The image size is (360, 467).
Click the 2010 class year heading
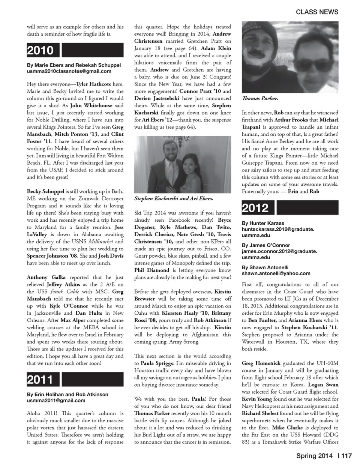tap(40, 50)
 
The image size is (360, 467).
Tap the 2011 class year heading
tap(40, 380)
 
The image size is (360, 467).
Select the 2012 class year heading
tap(255, 208)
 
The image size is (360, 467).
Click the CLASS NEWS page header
tap(317, 12)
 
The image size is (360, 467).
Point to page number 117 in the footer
tap(346, 456)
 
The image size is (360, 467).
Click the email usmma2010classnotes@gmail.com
tap(69, 71)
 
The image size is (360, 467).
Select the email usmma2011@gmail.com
tap(56, 400)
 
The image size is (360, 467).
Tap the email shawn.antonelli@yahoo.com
tap(276, 273)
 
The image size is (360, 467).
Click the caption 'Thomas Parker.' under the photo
tap(259, 98)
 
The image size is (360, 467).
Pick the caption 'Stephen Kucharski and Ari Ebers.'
tap(173, 198)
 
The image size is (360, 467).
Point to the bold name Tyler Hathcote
tap(93, 84)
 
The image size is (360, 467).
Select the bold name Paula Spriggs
tap(157, 363)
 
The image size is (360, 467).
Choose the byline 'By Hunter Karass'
tap(263, 223)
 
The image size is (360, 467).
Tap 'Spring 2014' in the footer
tap(314, 456)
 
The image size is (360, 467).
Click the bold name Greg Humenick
tap(261, 363)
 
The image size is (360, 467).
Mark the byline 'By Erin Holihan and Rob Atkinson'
tap(67, 394)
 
